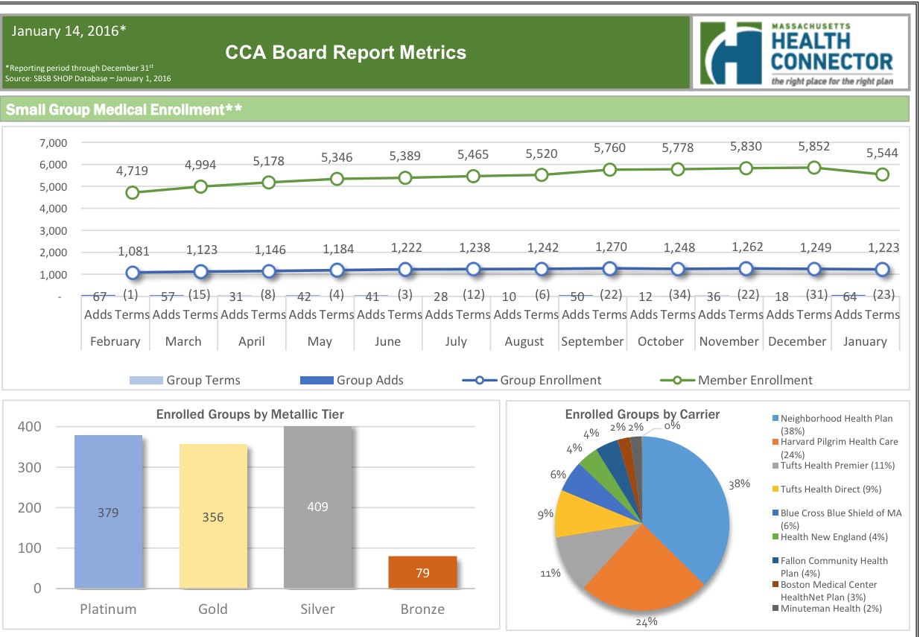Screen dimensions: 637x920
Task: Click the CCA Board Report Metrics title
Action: point(346,52)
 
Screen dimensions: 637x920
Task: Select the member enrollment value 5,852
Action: point(813,147)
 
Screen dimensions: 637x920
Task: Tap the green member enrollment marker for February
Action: point(133,192)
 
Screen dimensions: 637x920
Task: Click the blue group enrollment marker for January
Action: point(882,270)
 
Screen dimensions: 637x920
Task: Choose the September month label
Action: point(592,341)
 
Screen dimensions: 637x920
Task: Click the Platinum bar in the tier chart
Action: point(108,512)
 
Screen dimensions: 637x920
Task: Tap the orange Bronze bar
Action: point(422,572)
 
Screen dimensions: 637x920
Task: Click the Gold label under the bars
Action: point(213,609)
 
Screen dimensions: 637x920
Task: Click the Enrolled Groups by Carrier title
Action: point(642,414)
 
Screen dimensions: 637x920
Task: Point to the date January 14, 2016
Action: point(69,31)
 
